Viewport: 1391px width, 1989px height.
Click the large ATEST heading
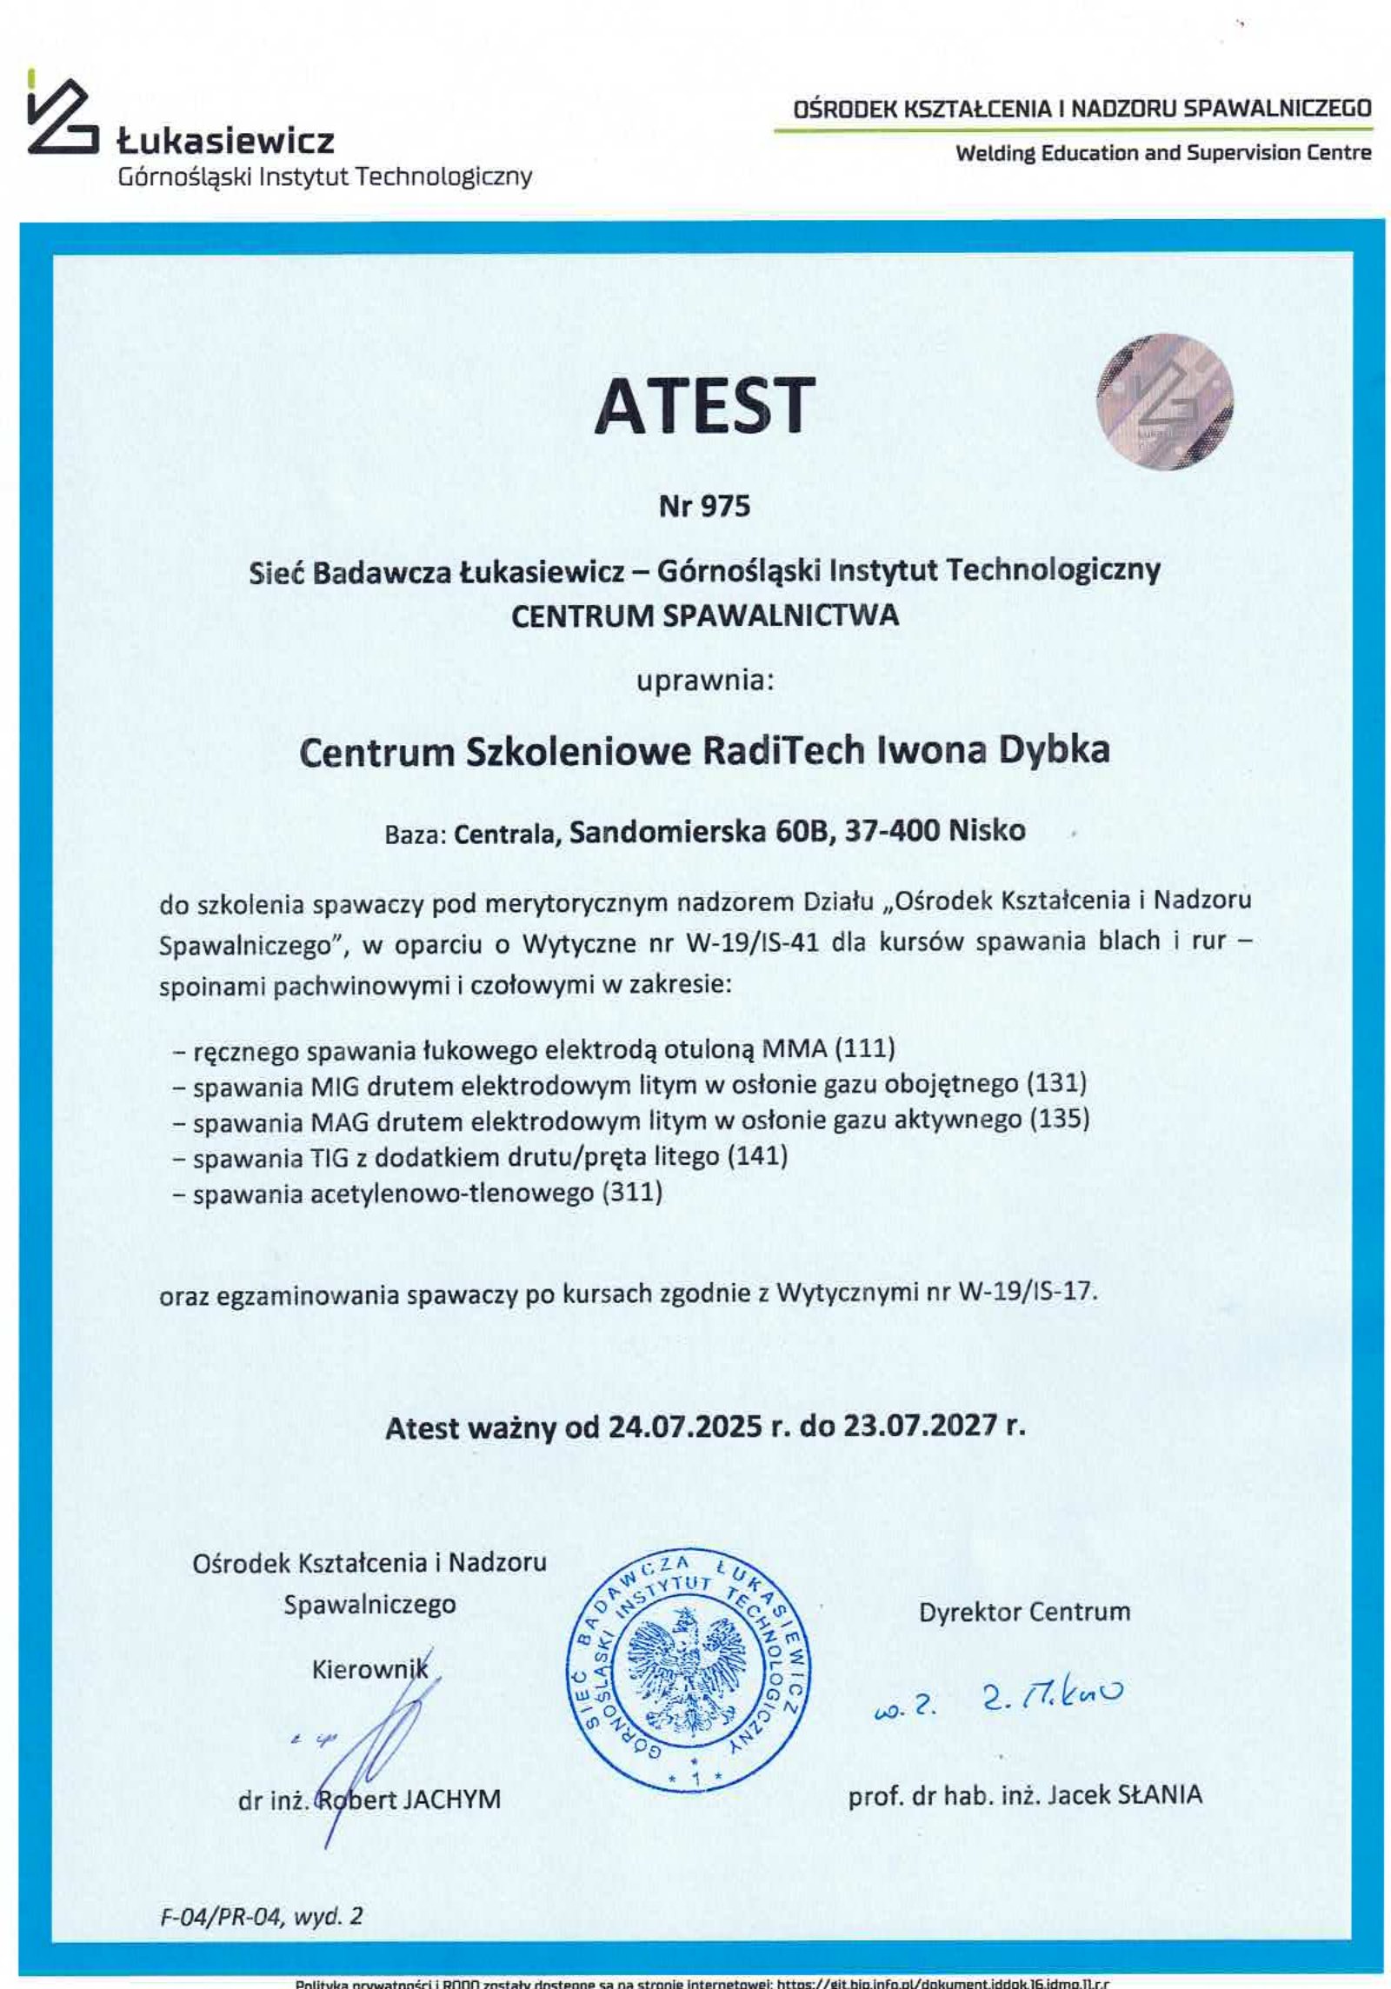point(704,407)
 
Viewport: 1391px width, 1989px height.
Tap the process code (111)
point(864,1048)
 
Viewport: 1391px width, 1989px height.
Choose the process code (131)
point(1056,1083)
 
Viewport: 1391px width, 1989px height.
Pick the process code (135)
point(1059,1119)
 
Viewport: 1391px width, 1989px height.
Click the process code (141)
point(757,1155)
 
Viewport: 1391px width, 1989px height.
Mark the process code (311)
point(632,1192)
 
